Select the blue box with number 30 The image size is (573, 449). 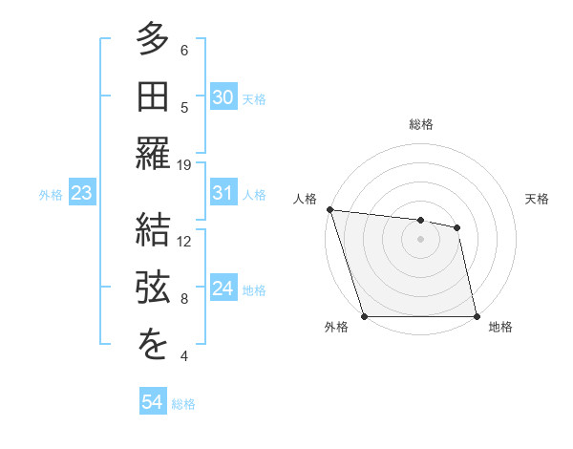(223, 97)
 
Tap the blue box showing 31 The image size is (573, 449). (223, 193)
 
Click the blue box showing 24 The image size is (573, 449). (223, 289)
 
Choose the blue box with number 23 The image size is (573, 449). (82, 194)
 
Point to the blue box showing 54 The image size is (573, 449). (153, 402)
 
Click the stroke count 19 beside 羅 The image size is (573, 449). (184, 165)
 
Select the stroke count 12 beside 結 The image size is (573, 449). (184, 242)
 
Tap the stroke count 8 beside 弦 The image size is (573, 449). (184, 299)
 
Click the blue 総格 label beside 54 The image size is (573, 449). (183, 404)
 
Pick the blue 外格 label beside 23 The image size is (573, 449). (51, 195)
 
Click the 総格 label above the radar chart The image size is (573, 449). (420, 124)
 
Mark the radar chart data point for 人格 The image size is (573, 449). (329, 209)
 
